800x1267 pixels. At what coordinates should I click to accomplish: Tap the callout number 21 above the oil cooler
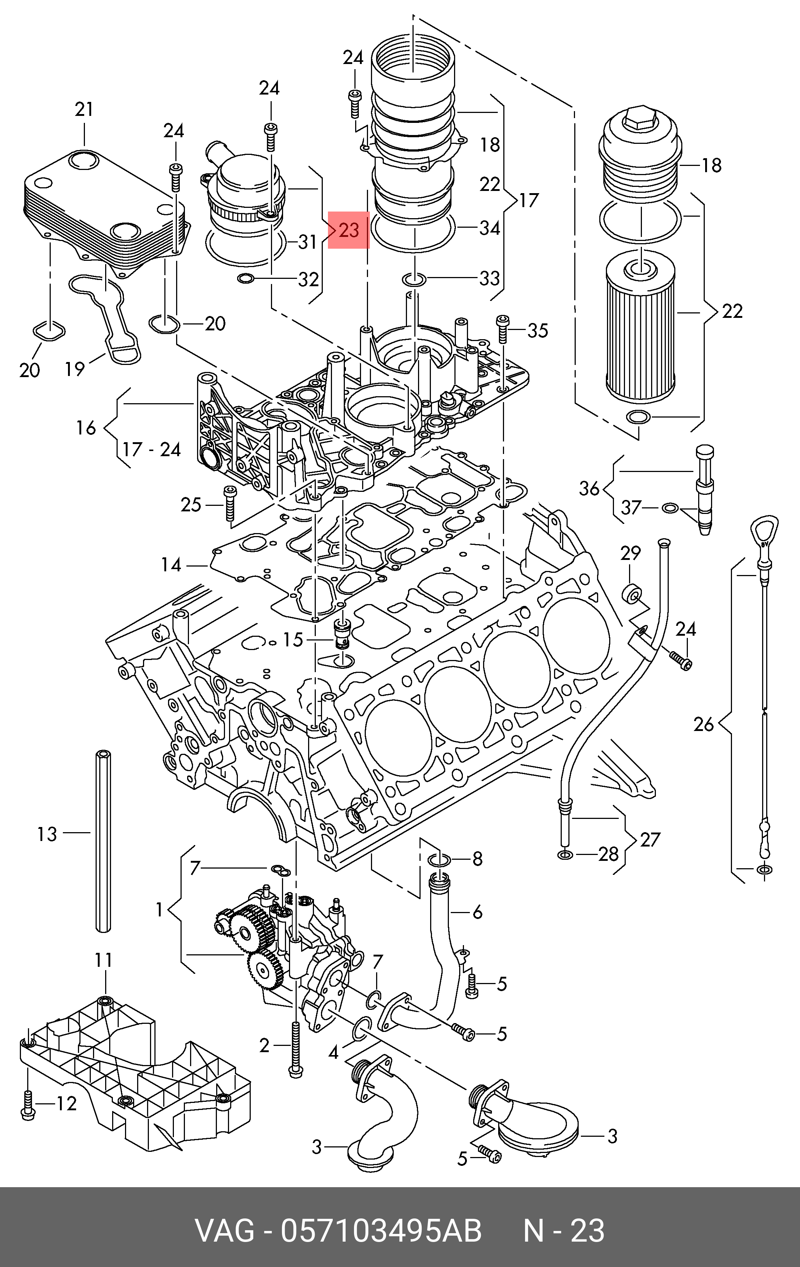84,109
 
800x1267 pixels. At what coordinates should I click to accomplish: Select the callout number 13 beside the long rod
47,834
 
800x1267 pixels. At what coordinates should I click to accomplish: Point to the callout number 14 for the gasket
171,565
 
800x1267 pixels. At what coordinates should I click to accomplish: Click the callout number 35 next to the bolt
537,330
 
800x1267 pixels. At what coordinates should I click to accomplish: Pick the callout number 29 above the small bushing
630,553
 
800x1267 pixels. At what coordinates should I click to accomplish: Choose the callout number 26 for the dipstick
704,724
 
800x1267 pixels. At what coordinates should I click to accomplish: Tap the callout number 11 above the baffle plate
104,960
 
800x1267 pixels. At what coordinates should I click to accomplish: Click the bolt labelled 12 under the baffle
27,1103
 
